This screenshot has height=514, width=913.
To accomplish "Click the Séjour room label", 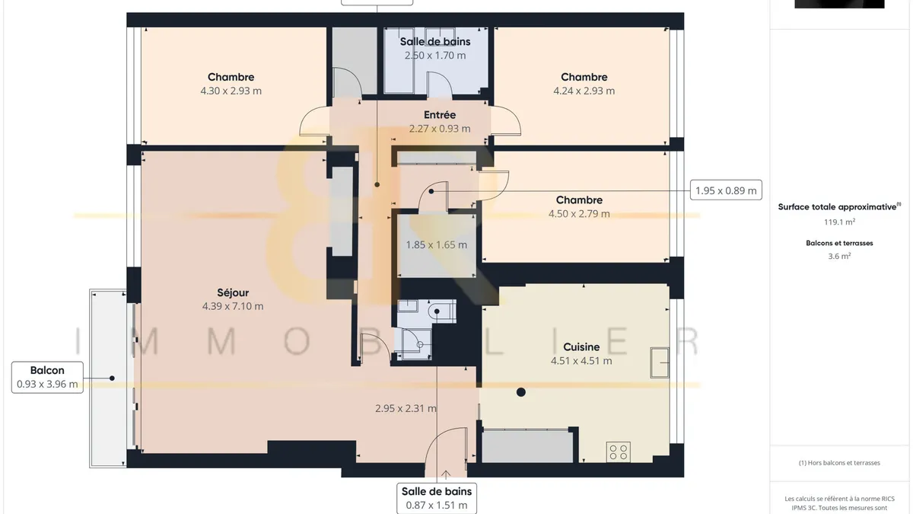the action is pos(233,292).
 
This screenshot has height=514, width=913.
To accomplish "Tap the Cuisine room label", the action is pos(581,347).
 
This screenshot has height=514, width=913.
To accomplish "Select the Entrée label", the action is pos(440,115).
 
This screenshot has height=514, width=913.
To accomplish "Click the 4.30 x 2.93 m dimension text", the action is pos(231,91).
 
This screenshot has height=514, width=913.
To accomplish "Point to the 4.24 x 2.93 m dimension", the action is pos(584,91).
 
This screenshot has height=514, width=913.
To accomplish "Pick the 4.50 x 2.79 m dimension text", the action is pos(579,214).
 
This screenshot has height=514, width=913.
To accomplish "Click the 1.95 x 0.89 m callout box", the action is pos(726,190).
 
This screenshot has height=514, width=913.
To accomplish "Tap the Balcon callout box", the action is pos(47,378).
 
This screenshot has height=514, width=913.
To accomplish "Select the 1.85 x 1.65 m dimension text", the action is pos(436,244).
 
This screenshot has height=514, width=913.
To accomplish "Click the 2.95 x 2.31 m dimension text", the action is pos(406,408).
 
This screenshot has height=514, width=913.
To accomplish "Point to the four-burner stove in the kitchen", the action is pos(619,452).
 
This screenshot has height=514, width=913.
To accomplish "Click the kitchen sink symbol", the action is pos(660,362).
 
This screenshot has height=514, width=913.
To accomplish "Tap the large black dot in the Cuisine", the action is pos(521,392).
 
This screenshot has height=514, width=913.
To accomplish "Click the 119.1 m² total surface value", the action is pos(839,222).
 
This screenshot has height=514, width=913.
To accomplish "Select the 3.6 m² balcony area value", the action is pos(839,256).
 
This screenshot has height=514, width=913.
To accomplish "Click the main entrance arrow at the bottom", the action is pos(446,475).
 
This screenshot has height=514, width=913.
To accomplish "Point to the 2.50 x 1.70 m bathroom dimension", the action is pos(435,56).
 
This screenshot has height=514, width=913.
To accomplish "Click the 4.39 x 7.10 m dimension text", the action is pos(233,306).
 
